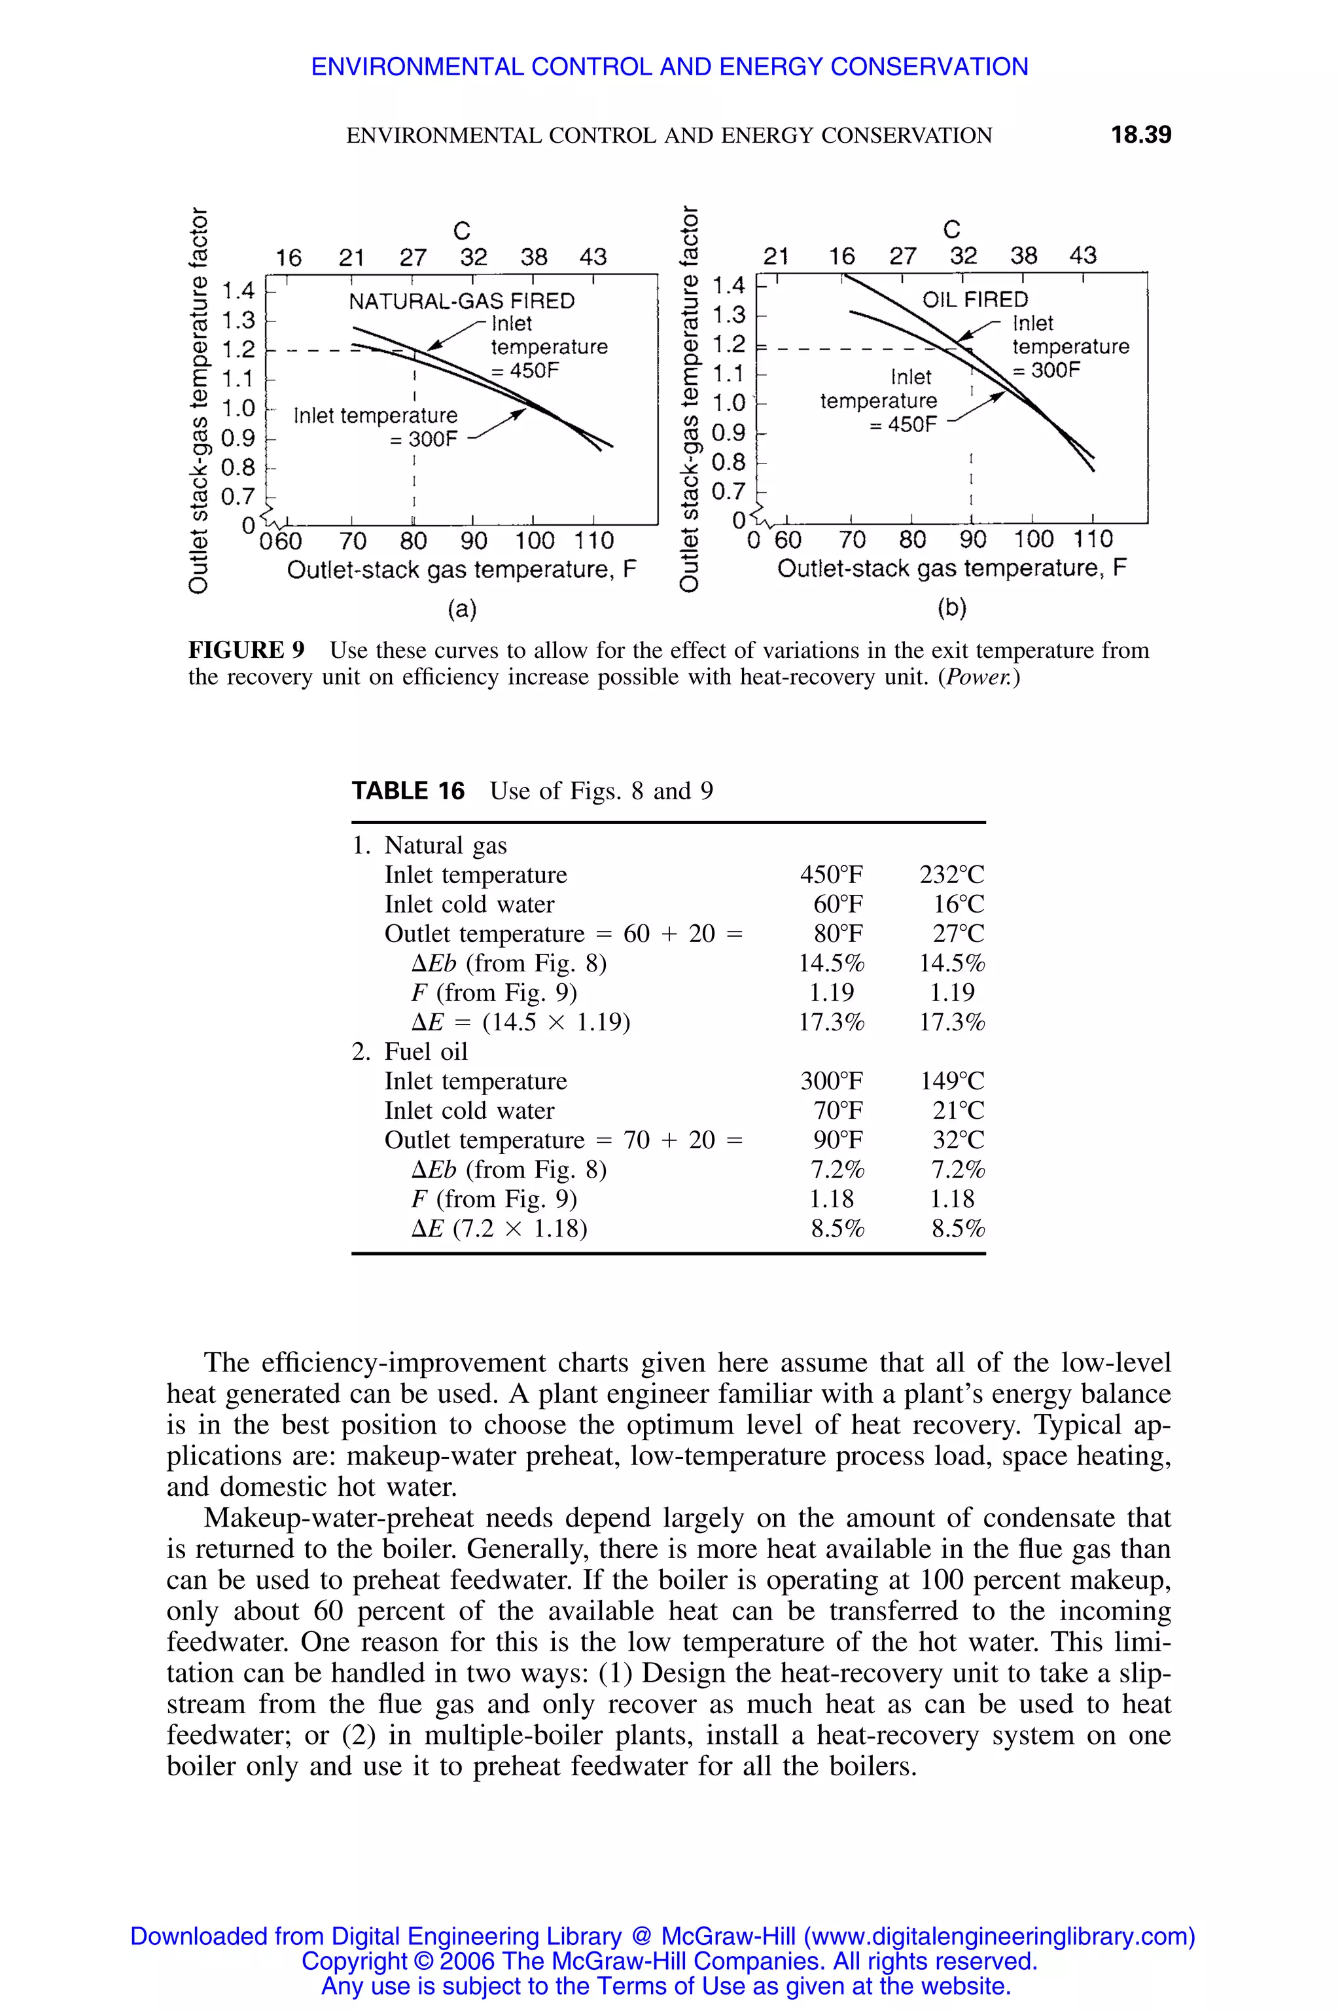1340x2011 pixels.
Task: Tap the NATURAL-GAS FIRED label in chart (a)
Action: [461, 301]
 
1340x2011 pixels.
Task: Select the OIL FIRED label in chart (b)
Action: [975, 299]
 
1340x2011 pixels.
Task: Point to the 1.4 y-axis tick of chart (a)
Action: [238, 291]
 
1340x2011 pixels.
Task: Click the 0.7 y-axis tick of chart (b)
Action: [728, 492]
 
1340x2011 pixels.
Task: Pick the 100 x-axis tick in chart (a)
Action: [534, 541]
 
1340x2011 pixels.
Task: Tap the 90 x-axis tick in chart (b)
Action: [972, 539]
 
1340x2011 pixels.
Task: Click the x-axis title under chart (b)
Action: [951, 569]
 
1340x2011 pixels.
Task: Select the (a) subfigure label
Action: [463, 609]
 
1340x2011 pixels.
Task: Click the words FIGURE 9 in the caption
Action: [246, 650]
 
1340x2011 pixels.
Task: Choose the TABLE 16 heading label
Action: [408, 791]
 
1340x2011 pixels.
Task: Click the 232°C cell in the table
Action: [951, 875]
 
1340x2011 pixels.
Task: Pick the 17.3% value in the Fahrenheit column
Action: [832, 1022]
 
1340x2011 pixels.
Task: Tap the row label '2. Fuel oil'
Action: [410, 1052]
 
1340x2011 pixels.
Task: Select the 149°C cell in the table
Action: [951, 1081]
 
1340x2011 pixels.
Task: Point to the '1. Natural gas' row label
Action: [430, 846]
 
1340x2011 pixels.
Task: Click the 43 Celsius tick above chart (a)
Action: [593, 257]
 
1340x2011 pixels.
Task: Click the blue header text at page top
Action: [669, 67]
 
